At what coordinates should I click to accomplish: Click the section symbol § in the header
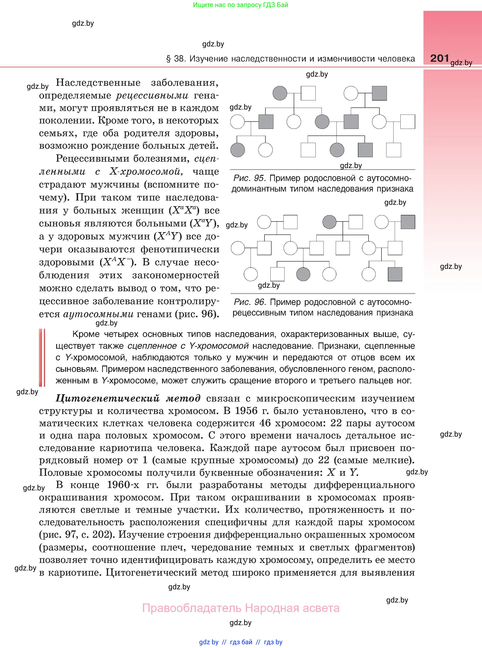click(168, 59)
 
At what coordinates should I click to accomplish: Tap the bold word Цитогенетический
click(108, 398)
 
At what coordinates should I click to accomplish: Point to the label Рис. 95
click(249, 178)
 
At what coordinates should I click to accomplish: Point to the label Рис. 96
click(249, 302)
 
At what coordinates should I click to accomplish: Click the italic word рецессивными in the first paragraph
click(152, 95)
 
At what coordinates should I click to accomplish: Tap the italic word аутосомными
click(98, 314)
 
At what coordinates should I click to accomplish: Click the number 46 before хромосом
click(265, 423)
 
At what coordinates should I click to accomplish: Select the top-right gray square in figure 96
click(408, 222)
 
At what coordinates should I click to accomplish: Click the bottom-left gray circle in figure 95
click(238, 150)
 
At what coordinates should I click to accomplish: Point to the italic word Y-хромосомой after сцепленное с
click(219, 346)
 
